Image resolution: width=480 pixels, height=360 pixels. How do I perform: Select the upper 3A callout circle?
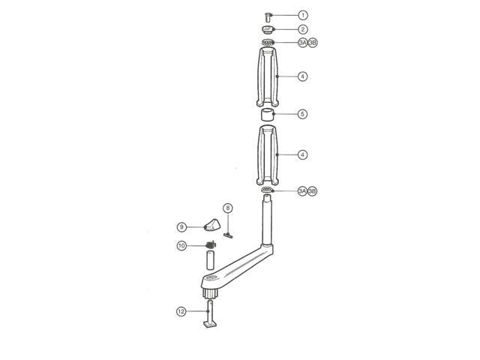pos(302,43)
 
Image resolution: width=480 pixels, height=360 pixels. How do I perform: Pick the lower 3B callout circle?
pos(313,191)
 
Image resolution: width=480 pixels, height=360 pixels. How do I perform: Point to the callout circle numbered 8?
pos(228,208)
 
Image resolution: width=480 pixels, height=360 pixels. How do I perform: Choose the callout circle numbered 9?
pos(181,226)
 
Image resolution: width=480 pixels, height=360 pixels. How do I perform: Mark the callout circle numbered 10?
pos(181,246)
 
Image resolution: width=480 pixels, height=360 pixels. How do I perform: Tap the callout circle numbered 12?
pos(181,311)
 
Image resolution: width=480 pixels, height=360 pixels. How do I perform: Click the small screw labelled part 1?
pos(268,15)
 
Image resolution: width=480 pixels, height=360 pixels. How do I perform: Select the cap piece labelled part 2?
pos(268,30)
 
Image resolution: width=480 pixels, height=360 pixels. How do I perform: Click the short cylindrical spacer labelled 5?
pos(268,115)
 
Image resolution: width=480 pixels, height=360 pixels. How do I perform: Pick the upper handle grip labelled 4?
pos(268,76)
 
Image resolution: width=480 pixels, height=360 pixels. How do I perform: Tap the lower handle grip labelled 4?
pos(268,155)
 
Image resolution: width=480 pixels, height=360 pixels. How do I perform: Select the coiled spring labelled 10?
pos(211,245)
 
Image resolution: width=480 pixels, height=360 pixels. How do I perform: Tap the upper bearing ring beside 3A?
pos(268,43)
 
